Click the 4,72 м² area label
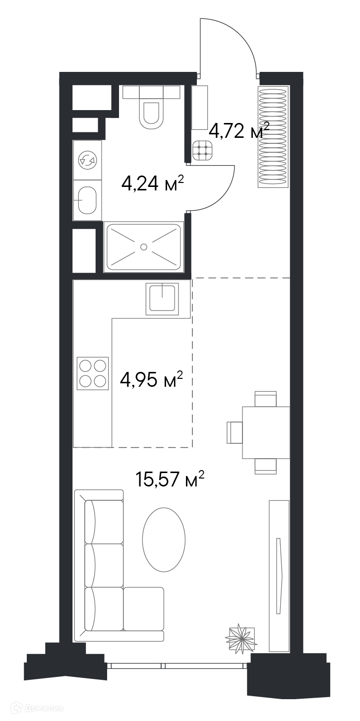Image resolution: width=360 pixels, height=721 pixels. point(239,130)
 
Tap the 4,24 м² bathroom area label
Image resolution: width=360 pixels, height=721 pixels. point(153,184)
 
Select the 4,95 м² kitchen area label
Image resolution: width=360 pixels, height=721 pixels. point(151,379)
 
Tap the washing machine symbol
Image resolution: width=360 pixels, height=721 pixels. point(88,160)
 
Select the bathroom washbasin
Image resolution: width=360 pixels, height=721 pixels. point(87,200)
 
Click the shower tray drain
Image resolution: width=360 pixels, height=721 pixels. point(144,247)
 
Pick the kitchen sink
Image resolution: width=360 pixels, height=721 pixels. point(162,299)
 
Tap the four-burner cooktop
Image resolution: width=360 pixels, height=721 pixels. point(93,373)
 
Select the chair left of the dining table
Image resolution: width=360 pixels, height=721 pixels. point(235,432)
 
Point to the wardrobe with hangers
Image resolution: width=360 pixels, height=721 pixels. point(272,136)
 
